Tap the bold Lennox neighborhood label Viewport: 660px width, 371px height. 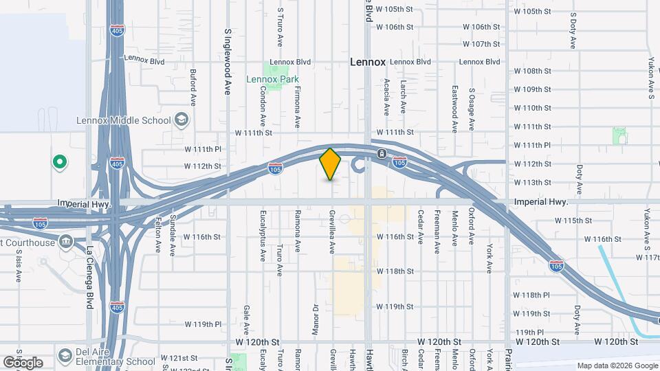point(368,62)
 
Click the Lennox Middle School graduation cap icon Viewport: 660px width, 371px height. point(181,120)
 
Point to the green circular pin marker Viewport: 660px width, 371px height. point(60,162)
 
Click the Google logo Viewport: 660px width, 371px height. point(23,362)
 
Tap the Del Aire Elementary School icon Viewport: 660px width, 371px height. point(65,355)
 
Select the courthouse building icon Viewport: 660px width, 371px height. point(66,241)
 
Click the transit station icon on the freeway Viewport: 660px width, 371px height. point(380,154)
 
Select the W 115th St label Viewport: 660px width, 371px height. point(573,221)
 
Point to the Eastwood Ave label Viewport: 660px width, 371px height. point(454,109)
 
